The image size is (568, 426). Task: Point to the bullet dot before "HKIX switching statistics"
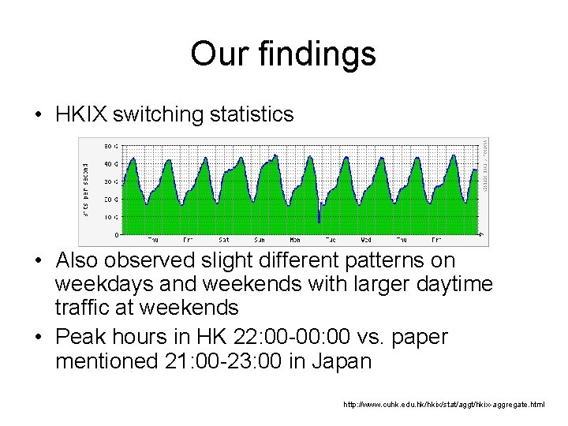click(38, 115)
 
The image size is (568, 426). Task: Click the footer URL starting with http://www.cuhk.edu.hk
click(443, 404)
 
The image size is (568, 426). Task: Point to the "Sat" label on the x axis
click(224, 239)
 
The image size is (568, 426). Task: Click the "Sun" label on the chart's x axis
click(259, 239)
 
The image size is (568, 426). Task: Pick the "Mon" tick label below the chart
click(294, 239)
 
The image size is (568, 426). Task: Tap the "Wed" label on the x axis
click(366, 239)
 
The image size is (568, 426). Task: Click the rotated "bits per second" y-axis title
click(87, 191)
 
